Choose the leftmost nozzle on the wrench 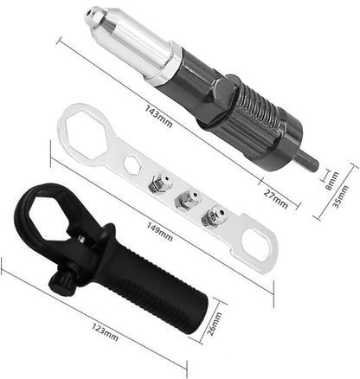click(x=157, y=183)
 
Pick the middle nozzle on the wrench click(x=183, y=201)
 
